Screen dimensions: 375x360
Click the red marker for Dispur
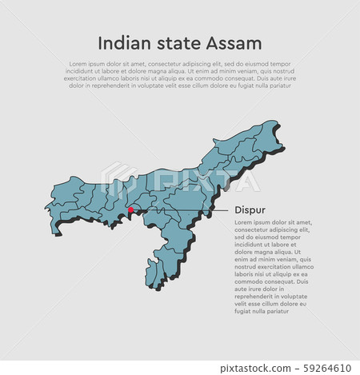(130, 211)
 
